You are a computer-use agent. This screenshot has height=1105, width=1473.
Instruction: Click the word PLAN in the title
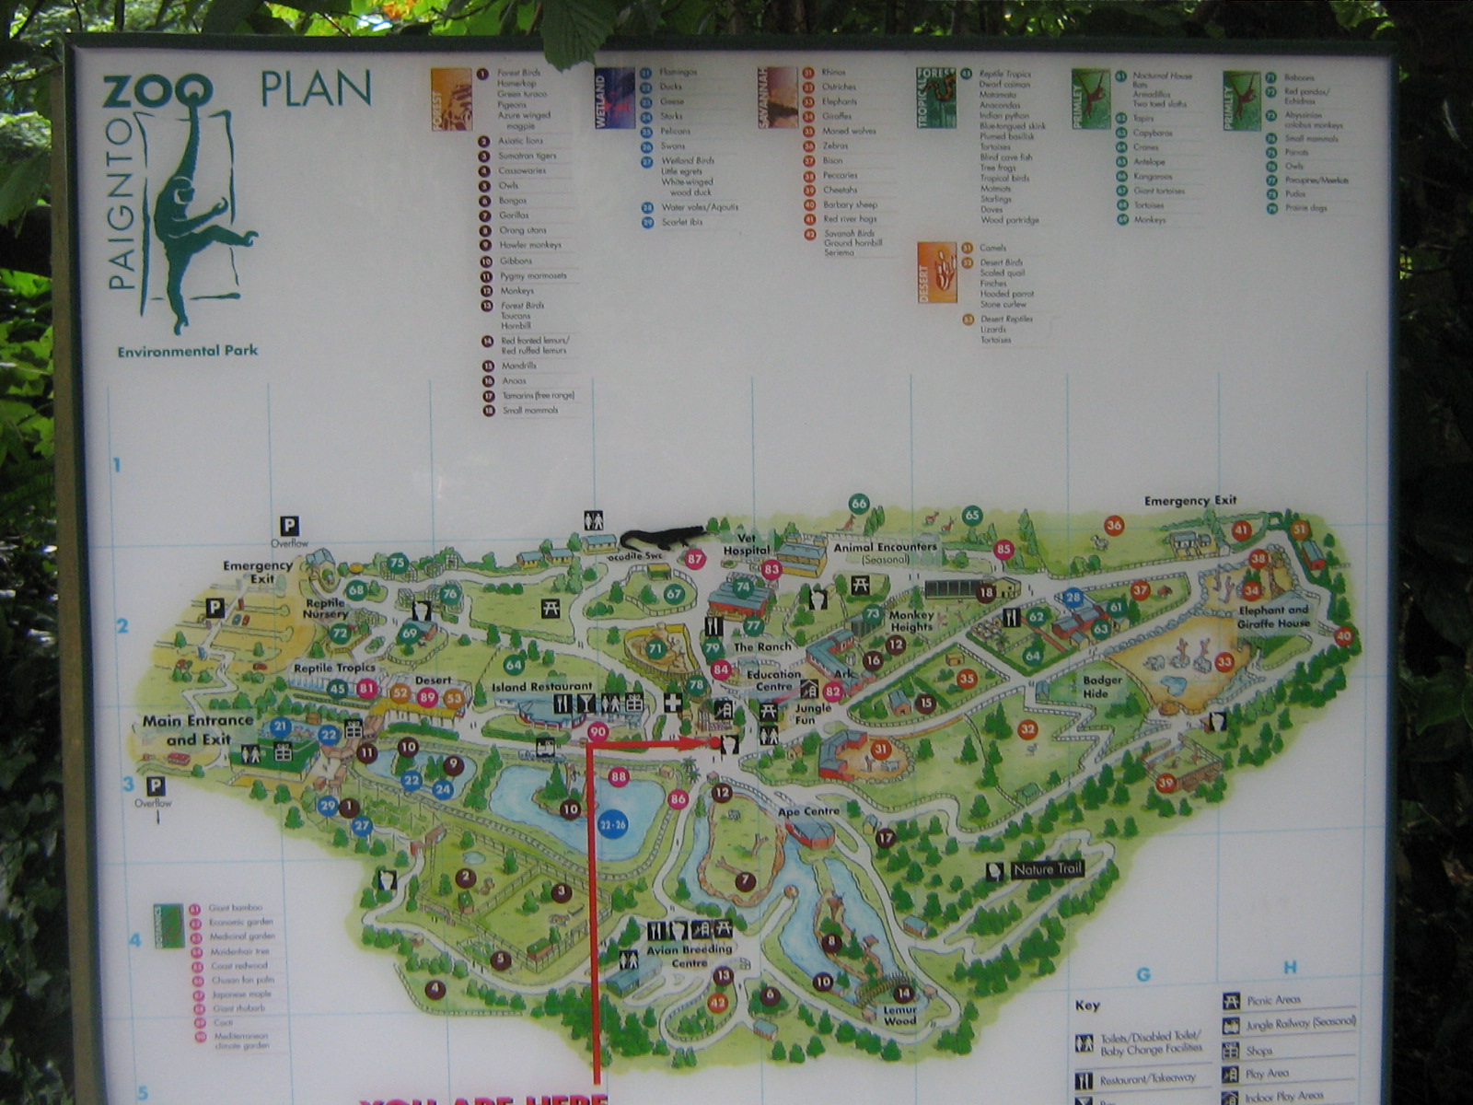click(x=316, y=89)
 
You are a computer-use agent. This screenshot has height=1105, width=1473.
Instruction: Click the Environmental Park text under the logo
click(x=187, y=351)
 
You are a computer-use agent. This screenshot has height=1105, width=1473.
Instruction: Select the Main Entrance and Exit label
click(x=198, y=729)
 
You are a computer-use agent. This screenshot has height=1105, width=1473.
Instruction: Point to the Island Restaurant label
click(x=542, y=687)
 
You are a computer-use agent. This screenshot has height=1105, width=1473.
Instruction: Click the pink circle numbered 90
click(x=597, y=732)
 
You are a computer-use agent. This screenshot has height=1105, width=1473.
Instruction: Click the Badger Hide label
click(x=1101, y=687)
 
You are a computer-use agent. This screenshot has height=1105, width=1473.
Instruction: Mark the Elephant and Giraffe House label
click(x=1273, y=616)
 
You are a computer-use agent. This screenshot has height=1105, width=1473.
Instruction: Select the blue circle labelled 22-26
click(x=612, y=824)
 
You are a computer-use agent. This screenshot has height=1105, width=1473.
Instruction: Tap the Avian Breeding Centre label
click(x=689, y=956)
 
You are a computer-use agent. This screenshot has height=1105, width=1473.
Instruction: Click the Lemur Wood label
click(x=899, y=1015)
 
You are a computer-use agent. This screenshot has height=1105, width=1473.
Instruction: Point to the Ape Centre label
click(x=808, y=811)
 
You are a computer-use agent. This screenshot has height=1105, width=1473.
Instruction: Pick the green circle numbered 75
click(x=398, y=563)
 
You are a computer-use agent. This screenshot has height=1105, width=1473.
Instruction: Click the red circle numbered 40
click(x=1343, y=635)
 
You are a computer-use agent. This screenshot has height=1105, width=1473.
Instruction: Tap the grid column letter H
click(x=1290, y=968)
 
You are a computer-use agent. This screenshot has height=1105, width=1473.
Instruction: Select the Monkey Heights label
click(x=910, y=621)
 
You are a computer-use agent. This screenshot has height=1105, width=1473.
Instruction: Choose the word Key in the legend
click(x=1087, y=1006)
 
